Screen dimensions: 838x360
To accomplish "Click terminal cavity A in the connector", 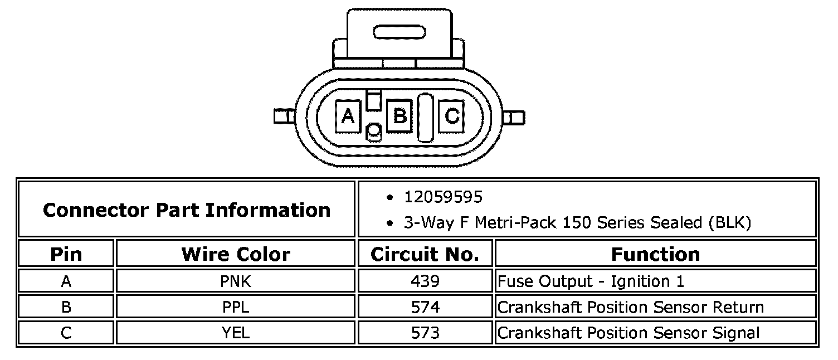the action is [x=348, y=116].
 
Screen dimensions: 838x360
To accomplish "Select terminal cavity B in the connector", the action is [x=399, y=116].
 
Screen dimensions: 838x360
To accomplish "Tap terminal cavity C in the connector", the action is [x=451, y=116].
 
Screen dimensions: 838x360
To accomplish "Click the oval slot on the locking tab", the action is [x=399, y=32].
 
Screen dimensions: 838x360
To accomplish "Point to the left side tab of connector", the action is [x=285, y=116].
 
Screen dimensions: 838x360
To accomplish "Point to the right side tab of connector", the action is [x=514, y=118].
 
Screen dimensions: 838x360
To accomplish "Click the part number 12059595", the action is [x=444, y=197].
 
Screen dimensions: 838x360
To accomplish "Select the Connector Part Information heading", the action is [x=187, y=210].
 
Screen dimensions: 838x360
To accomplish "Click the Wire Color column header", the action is [x=236, y=255].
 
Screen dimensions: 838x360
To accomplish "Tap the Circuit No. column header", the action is [x=425, y=255].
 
